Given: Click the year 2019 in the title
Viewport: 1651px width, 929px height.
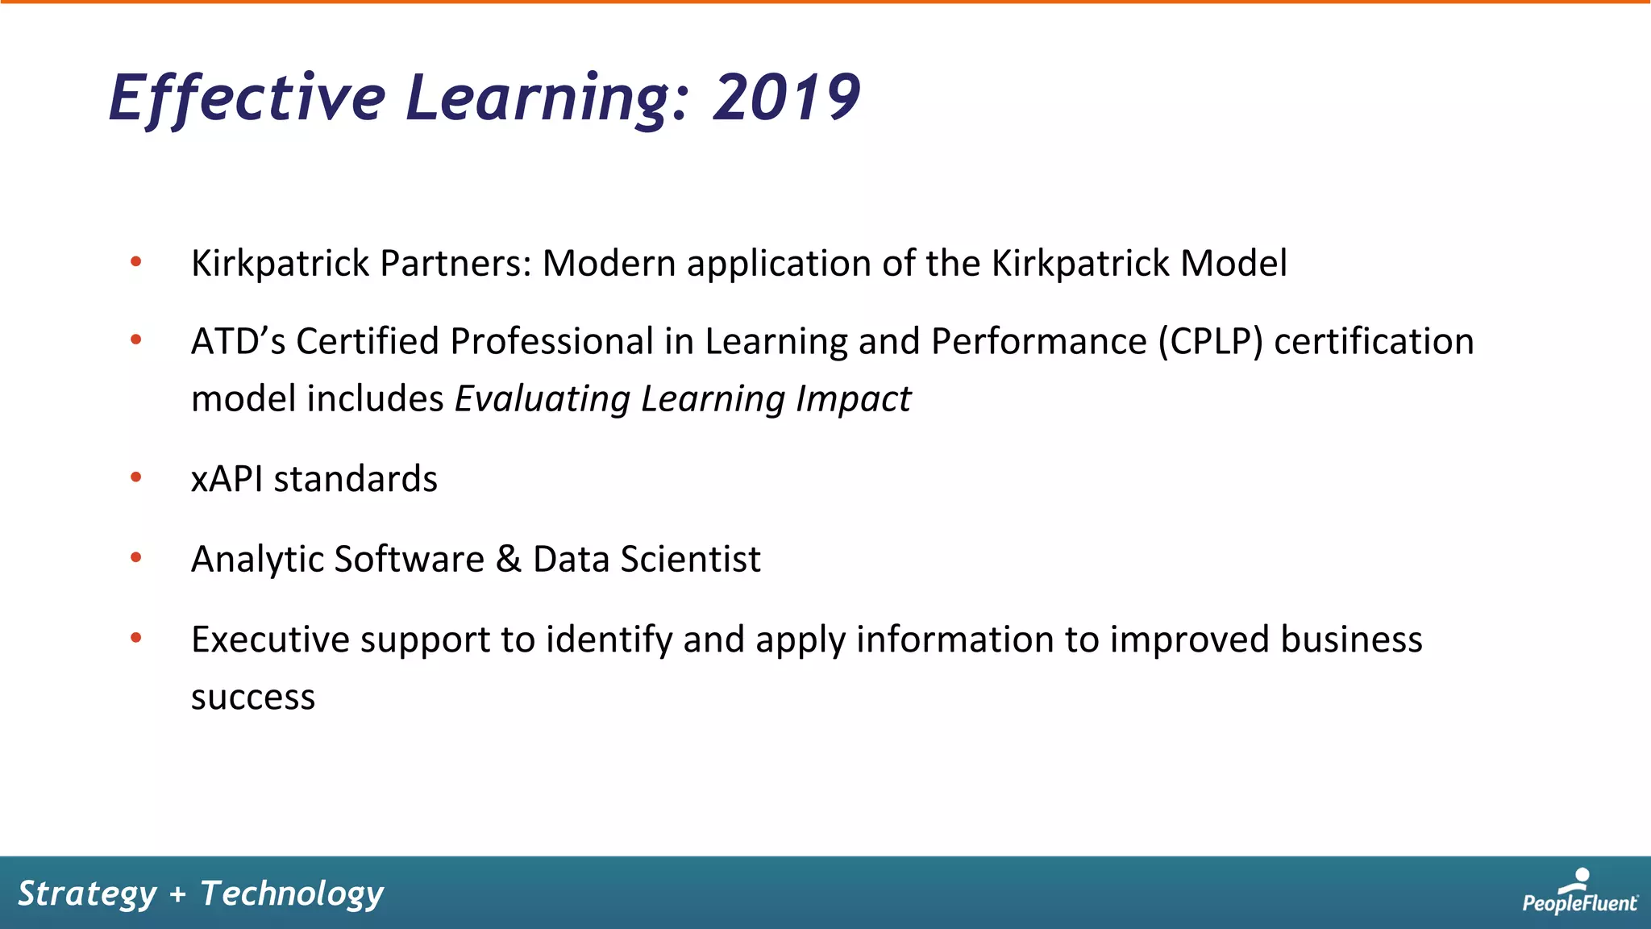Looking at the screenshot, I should point(786,98).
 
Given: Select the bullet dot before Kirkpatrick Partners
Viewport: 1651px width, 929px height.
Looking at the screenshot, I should point(135,261).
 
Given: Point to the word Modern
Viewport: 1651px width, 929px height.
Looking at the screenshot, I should point(609,264).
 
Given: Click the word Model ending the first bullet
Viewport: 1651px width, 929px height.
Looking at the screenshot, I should point(1233,264).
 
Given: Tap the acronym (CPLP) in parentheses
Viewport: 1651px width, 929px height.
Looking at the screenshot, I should point(1210,342).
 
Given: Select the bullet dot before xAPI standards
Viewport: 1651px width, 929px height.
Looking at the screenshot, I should point(135,478).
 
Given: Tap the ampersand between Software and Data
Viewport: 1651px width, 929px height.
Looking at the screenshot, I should point(508,559).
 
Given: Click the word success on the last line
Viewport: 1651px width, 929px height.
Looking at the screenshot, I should point(252,698).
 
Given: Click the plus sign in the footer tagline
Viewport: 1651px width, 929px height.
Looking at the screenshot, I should point(178,894).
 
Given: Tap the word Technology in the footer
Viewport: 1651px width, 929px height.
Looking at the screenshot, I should point(292,894).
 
